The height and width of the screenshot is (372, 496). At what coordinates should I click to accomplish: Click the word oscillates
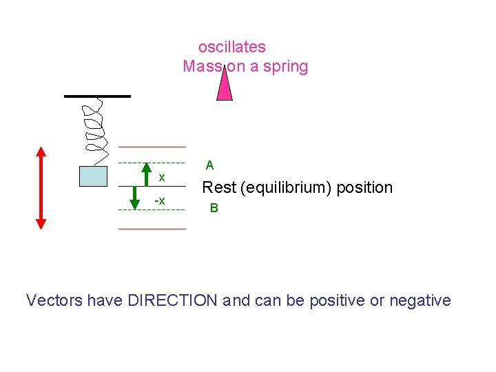pos(232,47)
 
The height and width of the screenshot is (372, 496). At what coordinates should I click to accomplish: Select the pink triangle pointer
pos(224,86)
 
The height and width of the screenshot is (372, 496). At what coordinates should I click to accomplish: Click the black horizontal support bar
pos(97,96)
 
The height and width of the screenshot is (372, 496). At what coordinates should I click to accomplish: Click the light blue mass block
pos(93,176)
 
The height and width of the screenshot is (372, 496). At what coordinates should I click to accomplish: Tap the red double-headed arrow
pos(41,187)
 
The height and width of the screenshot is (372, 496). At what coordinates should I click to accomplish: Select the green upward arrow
pos(146,174)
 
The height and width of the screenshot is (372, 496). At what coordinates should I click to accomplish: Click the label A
pos(209,165)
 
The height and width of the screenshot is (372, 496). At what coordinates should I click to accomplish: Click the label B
pos(214,208)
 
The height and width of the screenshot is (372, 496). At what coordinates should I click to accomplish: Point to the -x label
pos(159,200)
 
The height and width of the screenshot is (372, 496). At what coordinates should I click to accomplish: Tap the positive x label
pos(162,178)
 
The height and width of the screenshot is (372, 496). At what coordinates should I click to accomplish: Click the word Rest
pos(217,187)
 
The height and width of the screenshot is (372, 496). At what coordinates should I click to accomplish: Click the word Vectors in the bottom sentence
pos(54,300)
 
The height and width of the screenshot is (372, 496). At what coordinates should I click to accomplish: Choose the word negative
pos(420,300)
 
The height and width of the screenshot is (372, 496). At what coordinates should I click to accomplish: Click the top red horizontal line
pos(152,147)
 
